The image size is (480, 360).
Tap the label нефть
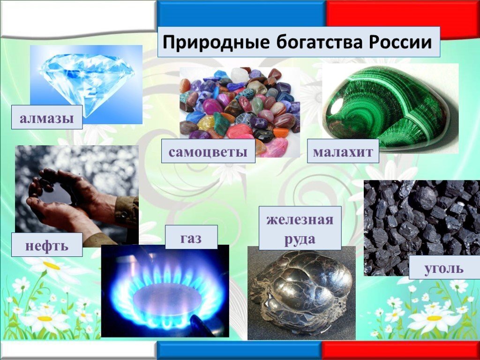coord(47,245)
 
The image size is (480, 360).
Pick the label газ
coord(191,237)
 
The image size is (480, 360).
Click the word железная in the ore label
coord(300,220)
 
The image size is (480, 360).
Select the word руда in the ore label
coord(300,239)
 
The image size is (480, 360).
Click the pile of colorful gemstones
coord(239,108)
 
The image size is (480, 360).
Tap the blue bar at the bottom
coord(239,351)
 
